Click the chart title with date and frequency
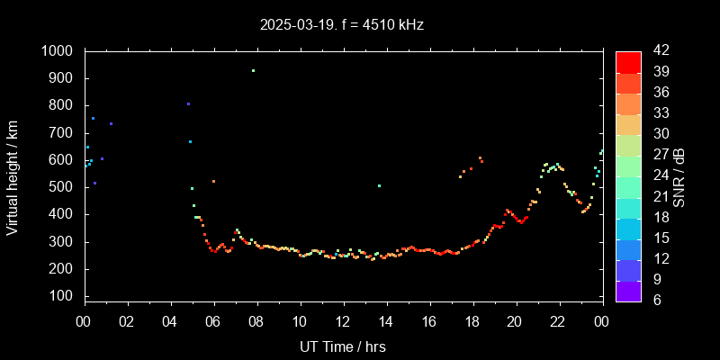tap(341, 25)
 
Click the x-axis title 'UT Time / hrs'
tap(342, 346)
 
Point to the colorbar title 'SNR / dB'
tap(679, 175)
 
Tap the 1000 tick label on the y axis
tap(58, 51)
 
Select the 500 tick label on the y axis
tap(63, 187)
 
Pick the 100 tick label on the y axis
tap(63, 296)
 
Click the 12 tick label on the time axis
tap(343, 322)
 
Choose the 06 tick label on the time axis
tap(213, 322)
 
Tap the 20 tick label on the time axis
tap(515, 322)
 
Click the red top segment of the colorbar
tap(628, 61)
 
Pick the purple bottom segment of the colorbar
tap(628, 290)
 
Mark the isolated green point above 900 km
tap(253, 70)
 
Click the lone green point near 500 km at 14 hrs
tap(379, 186)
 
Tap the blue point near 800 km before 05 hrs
tap(188, 104)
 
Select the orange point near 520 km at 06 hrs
tap(213, 182)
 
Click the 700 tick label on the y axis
tap(63, 133)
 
